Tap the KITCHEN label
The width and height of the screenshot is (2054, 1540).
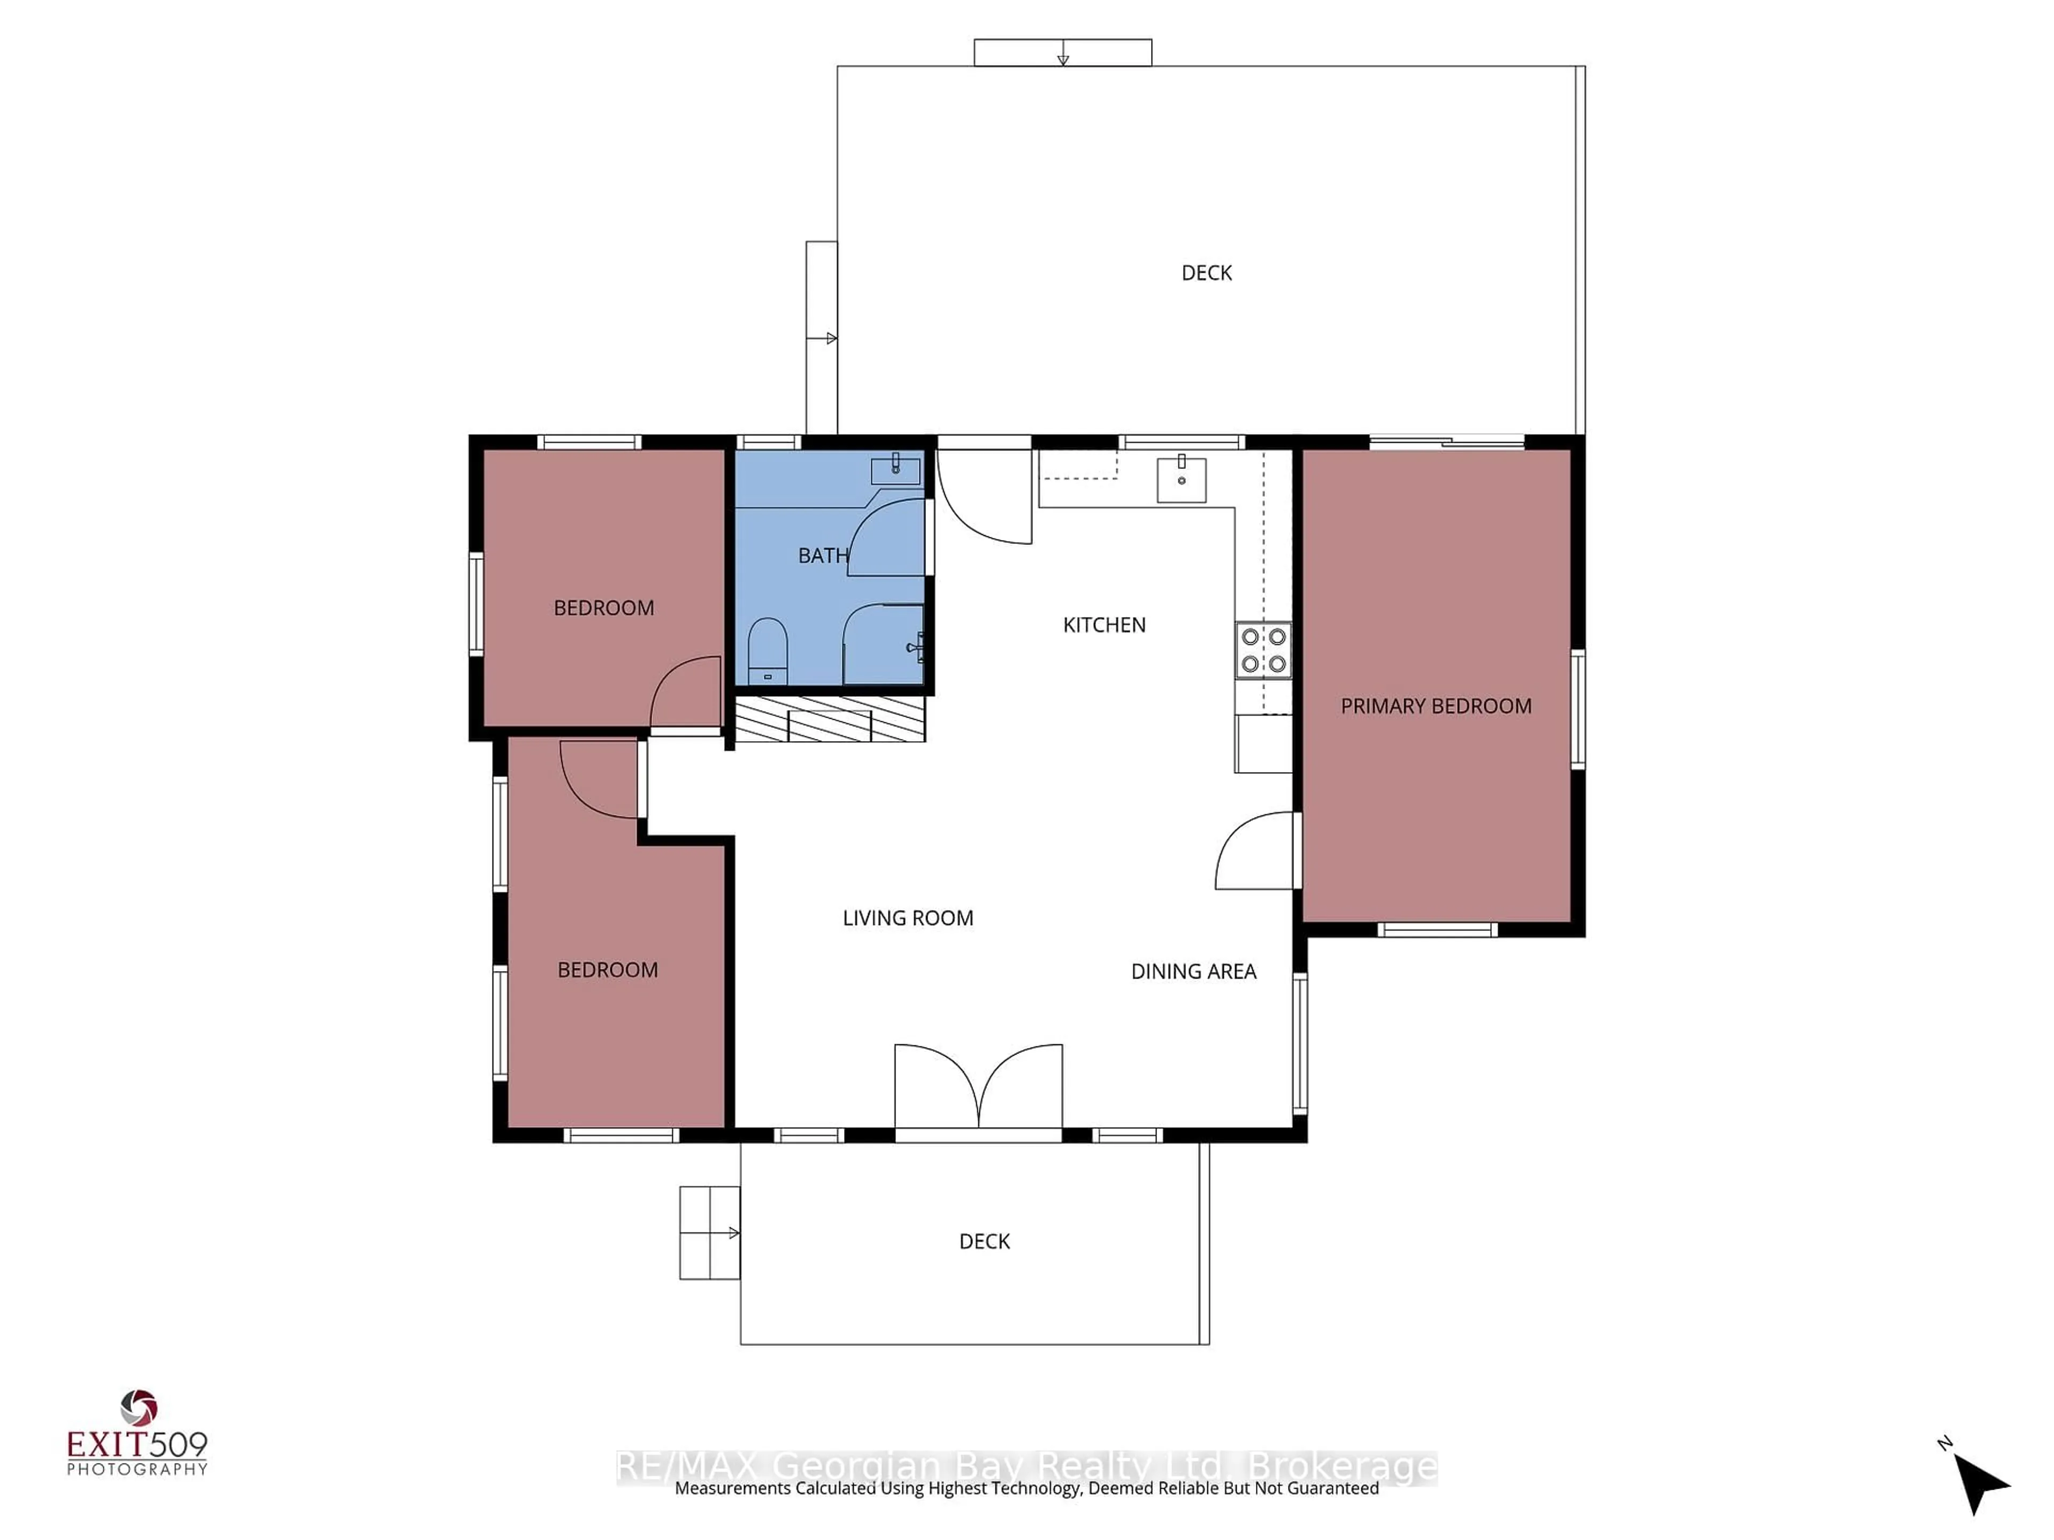[1104, 625]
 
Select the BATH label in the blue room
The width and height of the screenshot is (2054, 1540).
[823, 555]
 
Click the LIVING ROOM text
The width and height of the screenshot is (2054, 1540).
[907, 918]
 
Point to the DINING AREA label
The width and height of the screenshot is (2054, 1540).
[1193, 971]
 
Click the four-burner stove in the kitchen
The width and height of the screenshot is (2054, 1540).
[1263, 650]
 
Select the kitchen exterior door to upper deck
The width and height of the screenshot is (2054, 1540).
[984, 497]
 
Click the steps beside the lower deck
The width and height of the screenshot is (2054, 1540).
[709, 1233]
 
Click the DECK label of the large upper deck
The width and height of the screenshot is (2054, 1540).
[1206, 273]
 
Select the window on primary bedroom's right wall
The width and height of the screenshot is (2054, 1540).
[1577, 709]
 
